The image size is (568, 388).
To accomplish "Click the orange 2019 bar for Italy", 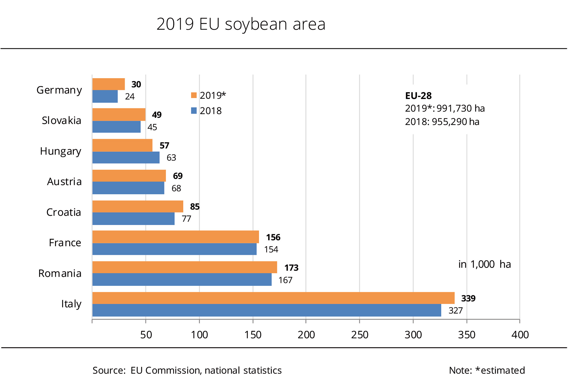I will (273, 298).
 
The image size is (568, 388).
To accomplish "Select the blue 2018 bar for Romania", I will (182, 279).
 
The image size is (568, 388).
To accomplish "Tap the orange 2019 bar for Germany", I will (108, 84).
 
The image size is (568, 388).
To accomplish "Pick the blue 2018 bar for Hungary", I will (126, 157).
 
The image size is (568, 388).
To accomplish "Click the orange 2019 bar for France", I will (176, 237).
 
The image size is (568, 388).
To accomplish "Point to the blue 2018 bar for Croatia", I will (133, 219).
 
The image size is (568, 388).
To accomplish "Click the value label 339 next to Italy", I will (468, 298).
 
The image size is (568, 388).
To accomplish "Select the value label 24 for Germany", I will (130, 96).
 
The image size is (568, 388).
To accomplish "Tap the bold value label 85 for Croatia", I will (195, 207).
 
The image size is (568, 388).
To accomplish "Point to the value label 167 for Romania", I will (285, 280).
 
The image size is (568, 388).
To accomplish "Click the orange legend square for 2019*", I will (194, 95).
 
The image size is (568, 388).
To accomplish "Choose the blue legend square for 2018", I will (194, 111).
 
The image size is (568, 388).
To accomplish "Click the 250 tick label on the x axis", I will (360, 335).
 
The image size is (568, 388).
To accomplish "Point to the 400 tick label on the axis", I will (520, 335).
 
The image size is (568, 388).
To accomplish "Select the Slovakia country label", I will (62, 121).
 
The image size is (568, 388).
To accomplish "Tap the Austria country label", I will (64, 182).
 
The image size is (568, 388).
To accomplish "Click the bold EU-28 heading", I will (418, 96).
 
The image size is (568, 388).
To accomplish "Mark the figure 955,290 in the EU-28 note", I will (449, 122).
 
